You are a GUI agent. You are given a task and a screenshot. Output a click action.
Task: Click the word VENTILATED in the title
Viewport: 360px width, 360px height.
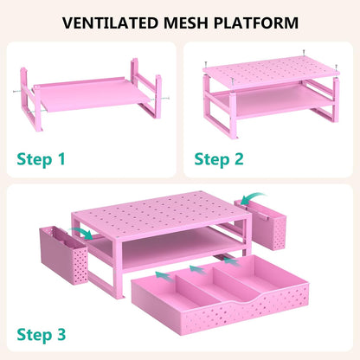pos(110,22)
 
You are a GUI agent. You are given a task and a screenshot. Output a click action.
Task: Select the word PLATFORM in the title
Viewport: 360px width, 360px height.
pos(256,22)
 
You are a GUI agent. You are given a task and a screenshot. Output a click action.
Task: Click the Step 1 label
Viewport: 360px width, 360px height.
pos(41,159)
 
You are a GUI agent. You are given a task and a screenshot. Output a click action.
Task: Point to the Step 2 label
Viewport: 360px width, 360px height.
pos(219,159)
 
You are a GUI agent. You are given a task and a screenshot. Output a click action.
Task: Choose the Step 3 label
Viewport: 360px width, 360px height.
pos(42,335)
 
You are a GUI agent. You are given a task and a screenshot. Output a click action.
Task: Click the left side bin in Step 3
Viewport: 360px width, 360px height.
pos(63,255)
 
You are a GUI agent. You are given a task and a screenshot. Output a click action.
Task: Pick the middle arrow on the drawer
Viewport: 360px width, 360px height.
pos(198,269)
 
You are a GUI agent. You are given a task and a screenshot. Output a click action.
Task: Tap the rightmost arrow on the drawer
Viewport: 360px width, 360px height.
pos(231,261)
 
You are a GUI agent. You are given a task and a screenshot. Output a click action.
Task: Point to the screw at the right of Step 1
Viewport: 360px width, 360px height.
pos(165,99)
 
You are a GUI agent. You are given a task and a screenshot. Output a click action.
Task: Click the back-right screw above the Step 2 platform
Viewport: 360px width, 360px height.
pos(304,52)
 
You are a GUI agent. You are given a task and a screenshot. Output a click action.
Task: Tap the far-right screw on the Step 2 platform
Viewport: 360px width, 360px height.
pos(336,67)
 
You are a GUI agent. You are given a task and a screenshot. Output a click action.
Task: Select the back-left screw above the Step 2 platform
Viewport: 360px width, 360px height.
pos(205,64)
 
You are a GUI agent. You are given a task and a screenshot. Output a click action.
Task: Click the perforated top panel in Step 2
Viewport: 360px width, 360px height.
pos(271,71)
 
